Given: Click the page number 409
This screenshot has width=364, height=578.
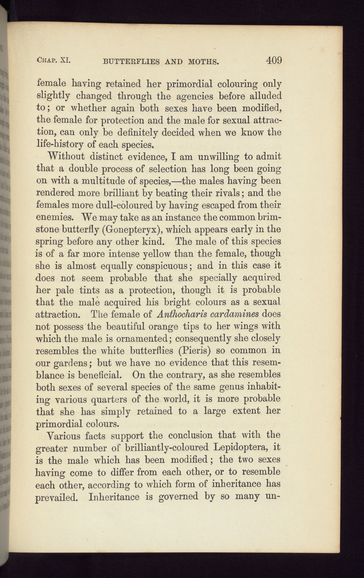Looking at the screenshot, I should pos(274,60).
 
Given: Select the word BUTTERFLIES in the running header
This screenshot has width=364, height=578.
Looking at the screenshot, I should pos(131,62).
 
